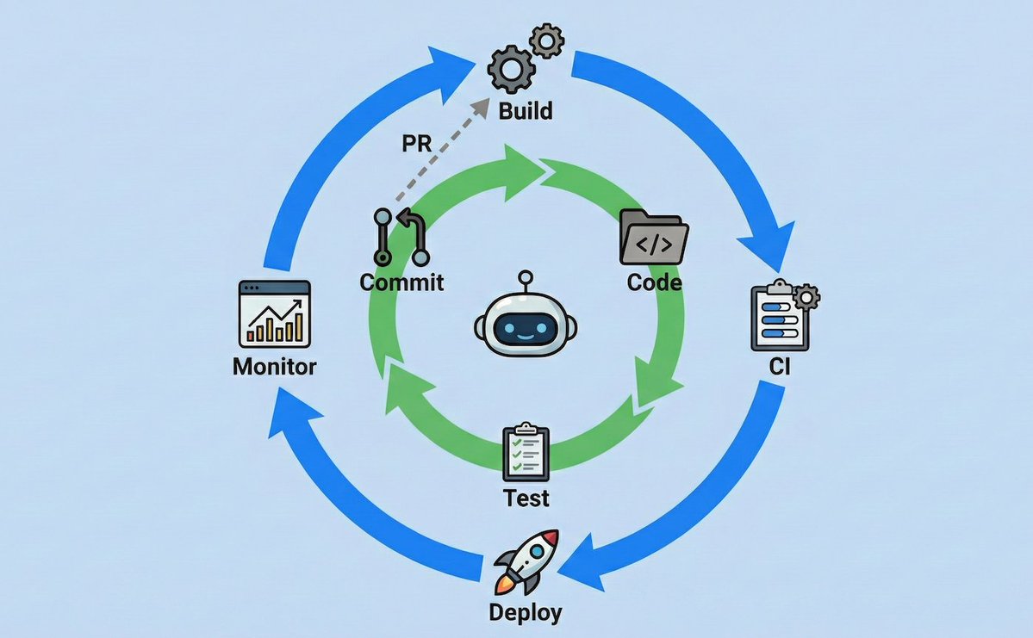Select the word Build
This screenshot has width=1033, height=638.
tap(526, 111)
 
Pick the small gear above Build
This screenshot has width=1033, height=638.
tap(546, 40)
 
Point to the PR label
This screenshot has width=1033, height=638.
tap(417, 144)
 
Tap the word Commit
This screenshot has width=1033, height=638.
tap(402, 282)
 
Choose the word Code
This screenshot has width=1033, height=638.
tap(654, 282)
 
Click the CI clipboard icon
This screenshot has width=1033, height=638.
tap(779, 317)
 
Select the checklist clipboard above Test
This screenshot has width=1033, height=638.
tap(526, 452)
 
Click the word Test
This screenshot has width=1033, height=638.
tap(526, 498)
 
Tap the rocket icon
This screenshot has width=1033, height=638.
tap(526, 563)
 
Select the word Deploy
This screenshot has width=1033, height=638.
tap(526, 612)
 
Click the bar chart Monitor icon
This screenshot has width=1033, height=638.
tap(274, 314)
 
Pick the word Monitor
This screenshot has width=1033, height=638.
tap(274, 367)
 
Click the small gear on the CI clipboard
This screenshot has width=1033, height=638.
tap(807, 297)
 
